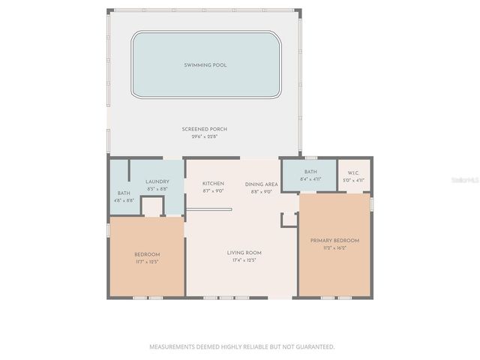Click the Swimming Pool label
(x=205, y=65)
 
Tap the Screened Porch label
(x=205, y=129)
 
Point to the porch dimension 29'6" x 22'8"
(x=205, y=136)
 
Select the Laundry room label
(x=157, y=182)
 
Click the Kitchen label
(x=214, y=184)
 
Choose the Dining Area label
(x=262, y=184)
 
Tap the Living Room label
(x=244, y=253)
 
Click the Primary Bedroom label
(x=334, y=241)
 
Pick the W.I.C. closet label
(x=353, y=172)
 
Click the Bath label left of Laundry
(x=124, y=193)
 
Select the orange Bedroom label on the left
(x=147, y=254)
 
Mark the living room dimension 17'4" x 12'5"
(x=244, y=261)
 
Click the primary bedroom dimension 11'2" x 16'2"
(x=334, y=248)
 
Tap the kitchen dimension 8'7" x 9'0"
(x=214, y=191)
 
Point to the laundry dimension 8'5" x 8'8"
(x=157, y=190)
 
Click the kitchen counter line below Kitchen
(x=209, y=209)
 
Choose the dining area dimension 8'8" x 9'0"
(x=262, y=191)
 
